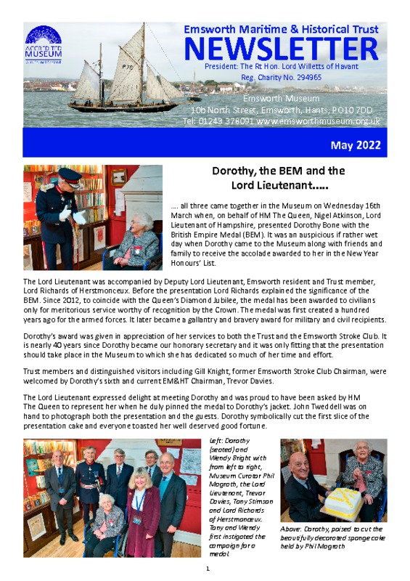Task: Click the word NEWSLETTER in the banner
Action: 281,49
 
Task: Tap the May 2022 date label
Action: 356,145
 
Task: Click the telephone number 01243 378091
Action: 226,121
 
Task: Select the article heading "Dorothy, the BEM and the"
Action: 278,172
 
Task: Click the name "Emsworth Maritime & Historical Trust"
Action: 281,29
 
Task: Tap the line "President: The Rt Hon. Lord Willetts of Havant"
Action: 281,65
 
